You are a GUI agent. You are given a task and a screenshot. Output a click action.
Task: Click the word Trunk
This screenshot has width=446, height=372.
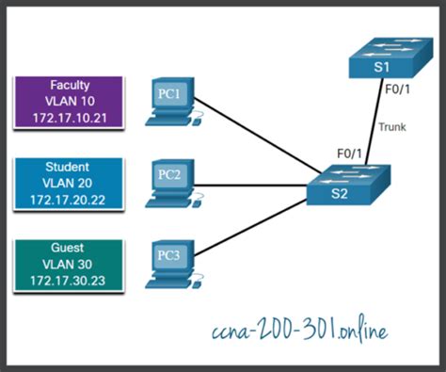pos(392,125)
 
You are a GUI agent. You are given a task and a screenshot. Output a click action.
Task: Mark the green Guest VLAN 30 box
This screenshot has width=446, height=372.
pos(67,265)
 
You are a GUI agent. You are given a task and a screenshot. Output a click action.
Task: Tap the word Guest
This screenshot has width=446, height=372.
pos(67,248)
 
